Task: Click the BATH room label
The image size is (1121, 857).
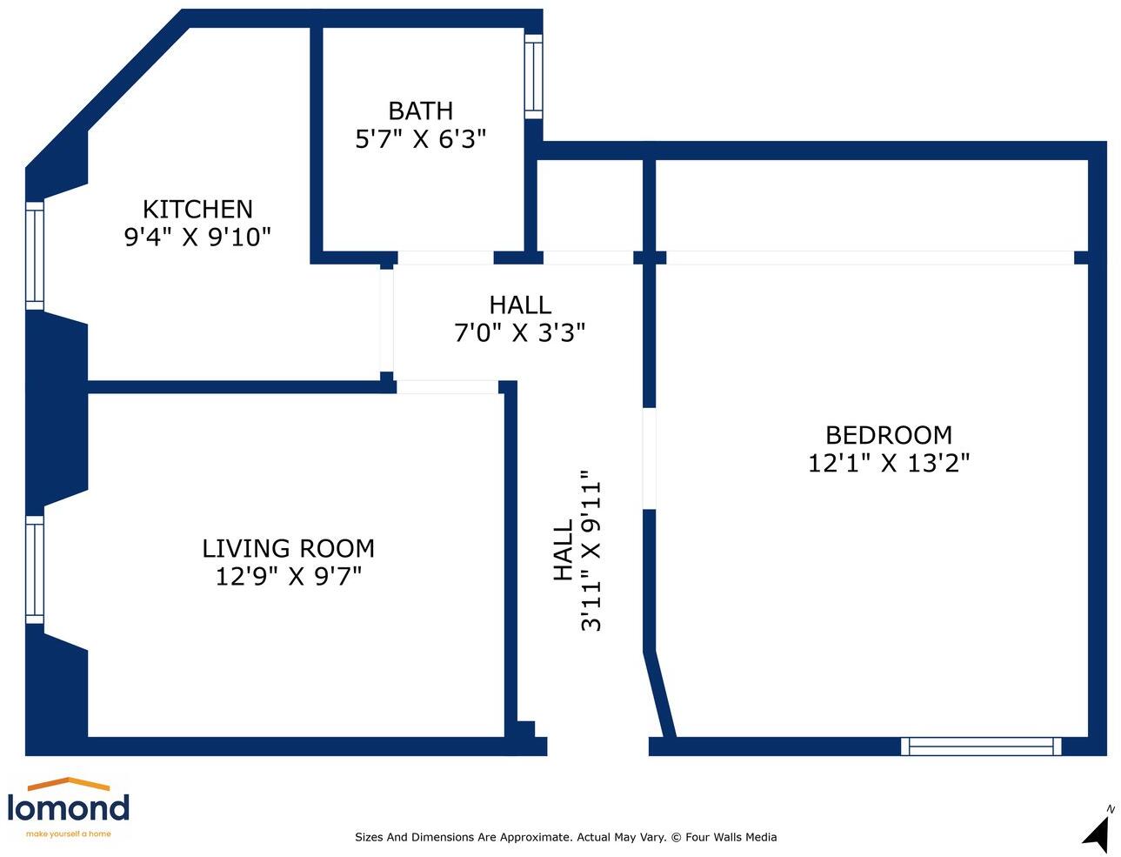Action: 420,110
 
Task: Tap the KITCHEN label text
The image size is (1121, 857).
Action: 197,210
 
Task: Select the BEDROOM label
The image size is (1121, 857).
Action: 889,436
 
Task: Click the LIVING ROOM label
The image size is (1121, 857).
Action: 289,549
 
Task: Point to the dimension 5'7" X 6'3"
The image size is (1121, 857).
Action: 420,139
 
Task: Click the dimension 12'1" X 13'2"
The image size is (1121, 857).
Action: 889,464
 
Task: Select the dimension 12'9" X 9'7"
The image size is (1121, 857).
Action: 289,577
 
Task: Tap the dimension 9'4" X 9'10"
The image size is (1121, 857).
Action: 197,237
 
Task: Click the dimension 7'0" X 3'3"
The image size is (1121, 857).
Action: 519,333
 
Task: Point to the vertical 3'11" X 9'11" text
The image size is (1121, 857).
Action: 591,551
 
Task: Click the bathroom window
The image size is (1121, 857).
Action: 534,77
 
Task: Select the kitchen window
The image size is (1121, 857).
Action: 35,256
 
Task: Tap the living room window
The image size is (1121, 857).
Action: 35,570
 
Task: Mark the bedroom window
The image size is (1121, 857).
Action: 981,747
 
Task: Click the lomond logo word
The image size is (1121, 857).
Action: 69,807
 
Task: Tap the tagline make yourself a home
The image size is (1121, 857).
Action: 69,834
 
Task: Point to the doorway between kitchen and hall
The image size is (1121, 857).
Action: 387,321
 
